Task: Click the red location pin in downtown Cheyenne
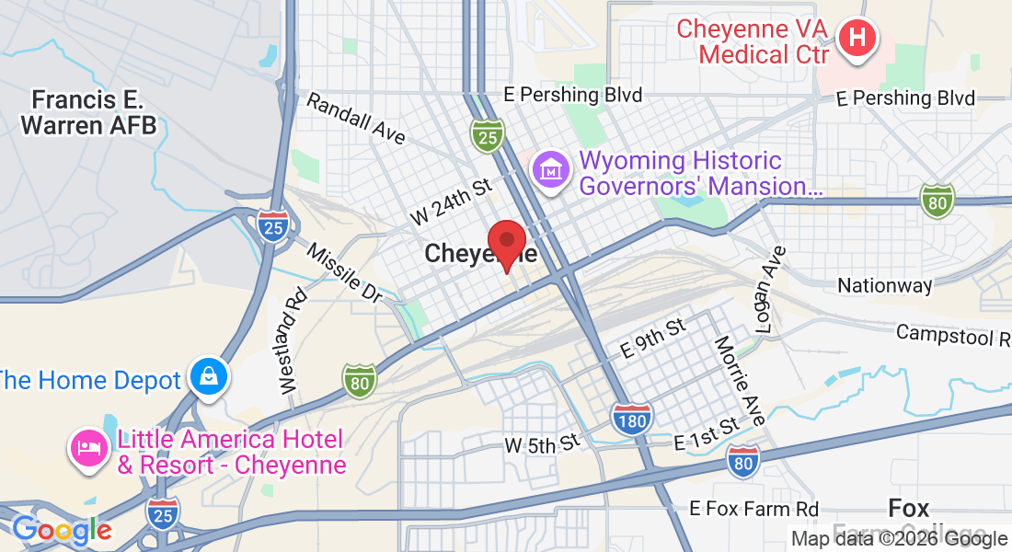(506, 243)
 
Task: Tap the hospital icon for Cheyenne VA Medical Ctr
(857, 39)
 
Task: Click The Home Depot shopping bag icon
(209, 376)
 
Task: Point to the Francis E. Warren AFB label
(89, 112)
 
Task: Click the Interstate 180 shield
(632, 418)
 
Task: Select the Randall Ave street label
(356, 119)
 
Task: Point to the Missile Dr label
(344, 273)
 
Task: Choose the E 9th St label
(652, 338)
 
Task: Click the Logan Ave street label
(768, 290)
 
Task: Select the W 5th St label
(542, 445)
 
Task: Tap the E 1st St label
(707, 432)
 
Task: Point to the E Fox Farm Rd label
(754, 509)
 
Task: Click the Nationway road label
(884, 286)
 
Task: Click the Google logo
(62, 530)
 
